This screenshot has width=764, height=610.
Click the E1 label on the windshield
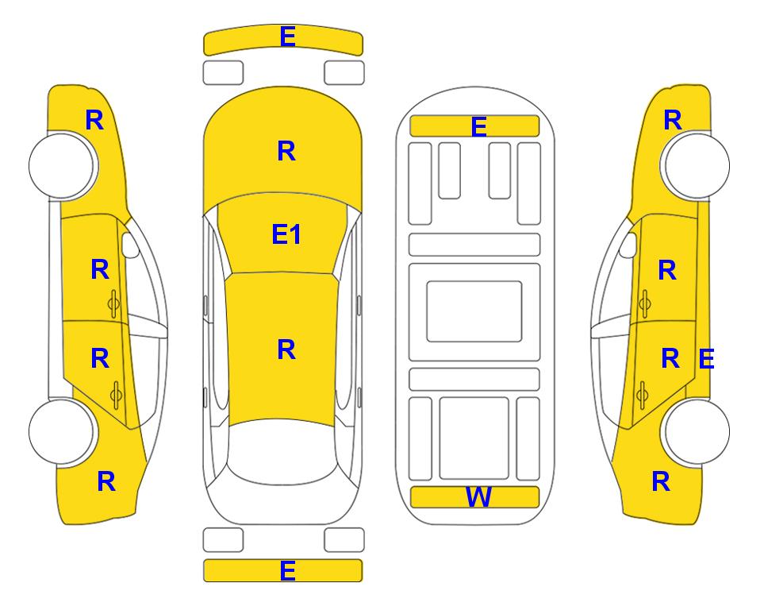[x=286, y=234]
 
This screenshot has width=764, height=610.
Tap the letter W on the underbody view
[x=478, y=496]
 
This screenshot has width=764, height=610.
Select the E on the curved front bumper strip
[x=287, y=37]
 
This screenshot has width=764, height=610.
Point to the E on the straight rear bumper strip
[x=287, y=570]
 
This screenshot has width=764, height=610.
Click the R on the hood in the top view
[x=286, y=151]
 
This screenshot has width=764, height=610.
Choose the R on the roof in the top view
[x=286, y=349]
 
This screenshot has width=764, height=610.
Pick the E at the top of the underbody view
[x=478, y=127]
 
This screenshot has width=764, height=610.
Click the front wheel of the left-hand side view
[x=62, y=166]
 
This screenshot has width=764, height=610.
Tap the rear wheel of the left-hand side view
[x=62, y=431]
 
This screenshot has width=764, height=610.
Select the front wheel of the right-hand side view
[x=697, y=166]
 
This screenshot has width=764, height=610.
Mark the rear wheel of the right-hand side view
[x=697, y=431]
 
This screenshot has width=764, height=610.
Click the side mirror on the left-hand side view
[x=130, y=245]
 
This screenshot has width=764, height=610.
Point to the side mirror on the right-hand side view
[x=628, y=245]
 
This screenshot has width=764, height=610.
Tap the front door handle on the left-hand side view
[x=113, y=303]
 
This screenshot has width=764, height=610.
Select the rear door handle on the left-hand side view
[x=116, y=394]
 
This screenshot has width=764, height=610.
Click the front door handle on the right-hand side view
[x=645, y=303]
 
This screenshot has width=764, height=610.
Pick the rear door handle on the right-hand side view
[x=643, y=394]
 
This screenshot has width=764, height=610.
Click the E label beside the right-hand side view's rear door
[x=706, y=359]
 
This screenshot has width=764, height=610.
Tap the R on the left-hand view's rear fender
[x=106, y=481]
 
